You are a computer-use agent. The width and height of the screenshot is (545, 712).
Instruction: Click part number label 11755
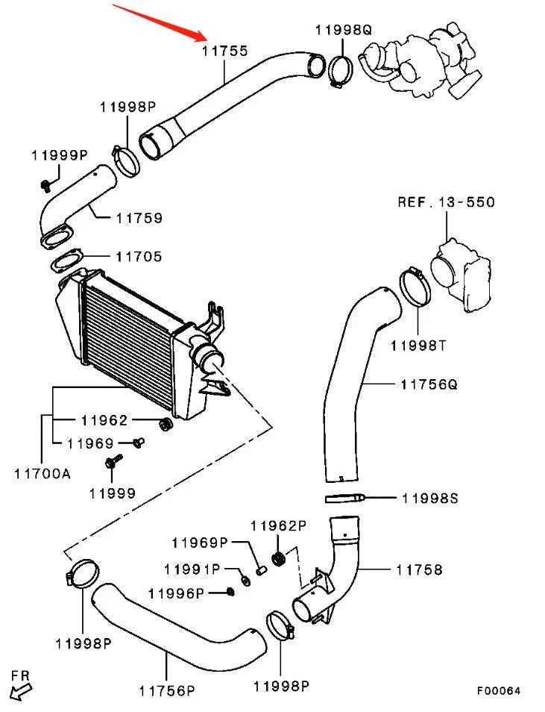(224, 51)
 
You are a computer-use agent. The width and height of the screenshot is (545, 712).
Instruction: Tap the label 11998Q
(343, 30)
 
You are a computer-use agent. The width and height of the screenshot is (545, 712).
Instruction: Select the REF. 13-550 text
(446, 202)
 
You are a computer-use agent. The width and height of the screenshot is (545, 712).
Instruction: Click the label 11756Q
(429, 384)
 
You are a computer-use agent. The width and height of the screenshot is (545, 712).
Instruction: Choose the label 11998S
(429, 497)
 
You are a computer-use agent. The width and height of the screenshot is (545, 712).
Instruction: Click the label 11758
(419, 569)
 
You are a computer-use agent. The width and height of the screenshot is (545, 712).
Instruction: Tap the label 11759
(139, 219)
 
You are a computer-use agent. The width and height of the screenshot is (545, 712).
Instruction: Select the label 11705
(139, 256)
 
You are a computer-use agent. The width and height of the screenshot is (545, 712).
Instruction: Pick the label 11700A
(42, 472)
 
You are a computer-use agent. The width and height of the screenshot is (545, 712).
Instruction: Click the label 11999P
(60, 155)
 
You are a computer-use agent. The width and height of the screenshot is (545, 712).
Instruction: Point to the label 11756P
(166, 690)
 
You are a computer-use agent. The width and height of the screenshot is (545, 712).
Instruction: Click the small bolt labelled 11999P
(45, 184)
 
